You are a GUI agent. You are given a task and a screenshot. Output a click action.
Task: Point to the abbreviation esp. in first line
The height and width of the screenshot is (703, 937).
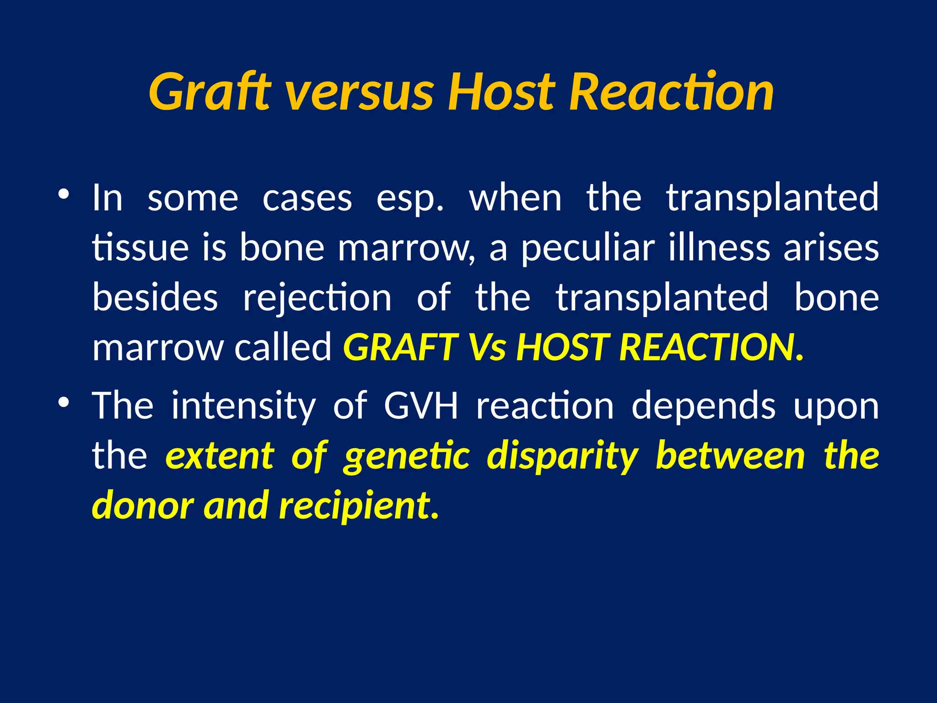click(x=410, y=199)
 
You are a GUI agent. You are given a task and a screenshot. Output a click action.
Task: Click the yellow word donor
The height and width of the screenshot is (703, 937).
click(x=142, y=505)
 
